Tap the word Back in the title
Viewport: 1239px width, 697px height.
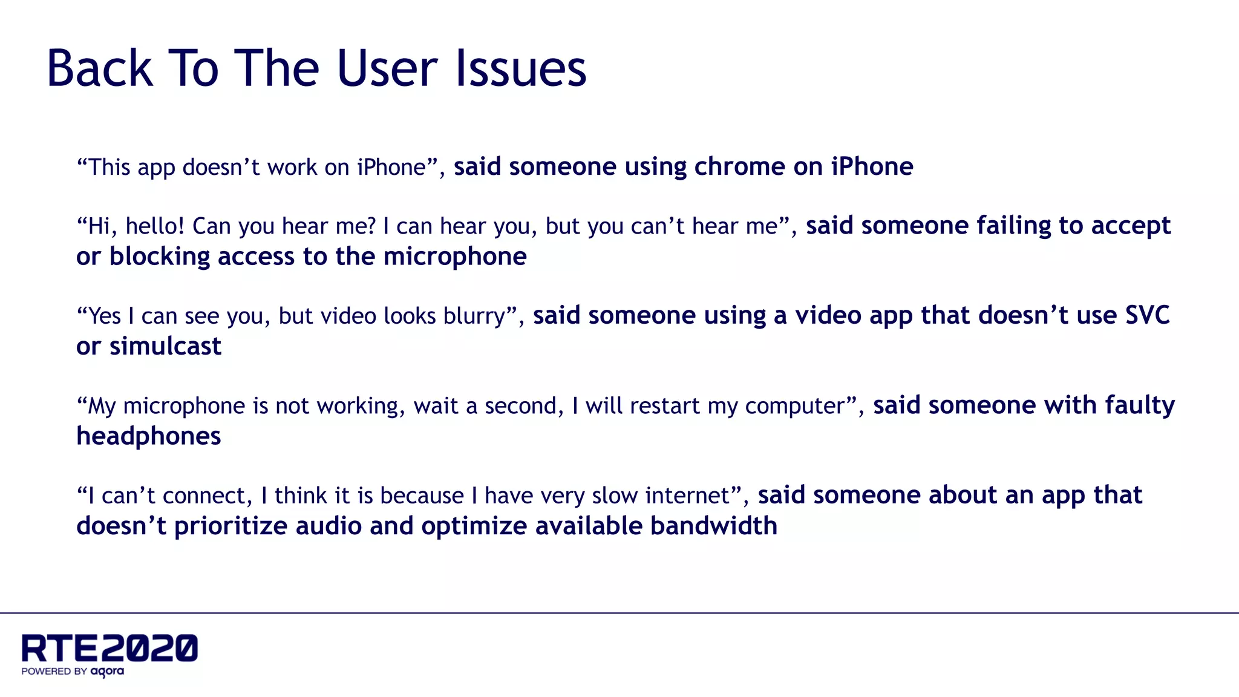(x=99, y=68)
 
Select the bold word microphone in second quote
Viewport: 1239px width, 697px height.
(x=455, y=257)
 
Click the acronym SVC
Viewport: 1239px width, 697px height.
(x=1146, y=315)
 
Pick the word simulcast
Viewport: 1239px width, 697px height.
(x=165, y=346)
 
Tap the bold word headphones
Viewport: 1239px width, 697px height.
(x=149, y=436)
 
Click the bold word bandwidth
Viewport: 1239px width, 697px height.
(x=713, y=526)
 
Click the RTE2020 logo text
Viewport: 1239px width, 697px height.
(x=110, y=649)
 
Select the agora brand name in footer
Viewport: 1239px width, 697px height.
(x=108, y=671)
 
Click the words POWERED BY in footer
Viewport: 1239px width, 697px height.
(x=54, y=671)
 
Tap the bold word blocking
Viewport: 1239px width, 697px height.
(x=160, y=257)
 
